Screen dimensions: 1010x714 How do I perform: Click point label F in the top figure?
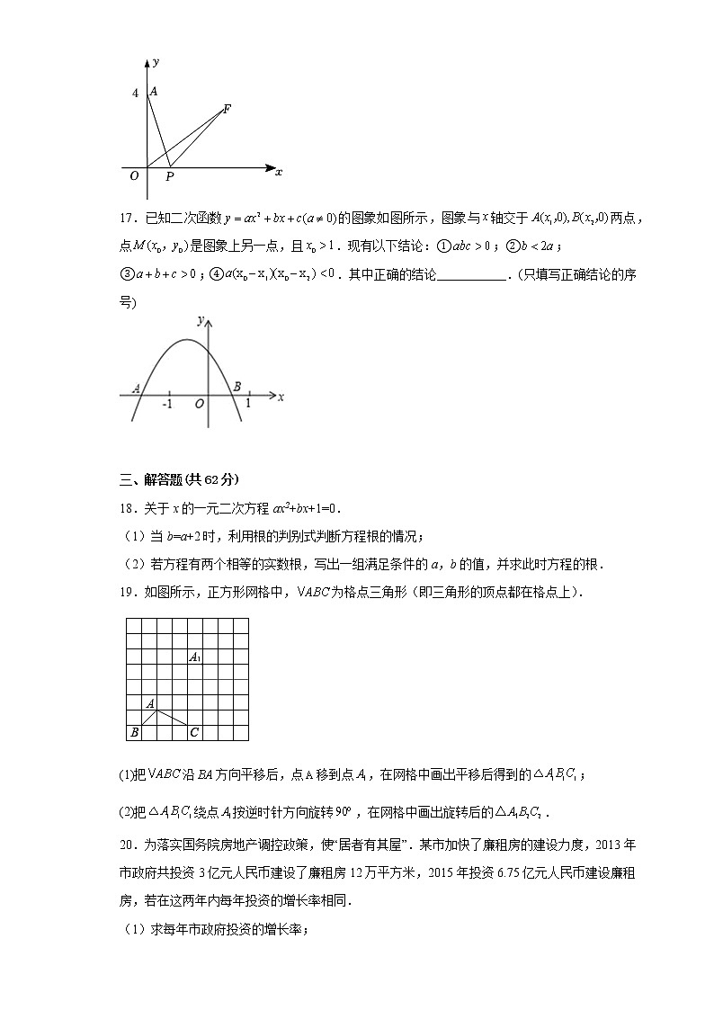(x=227, y=109)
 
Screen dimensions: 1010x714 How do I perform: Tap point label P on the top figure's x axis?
(x=169, y=177)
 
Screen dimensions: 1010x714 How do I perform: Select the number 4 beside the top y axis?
(x=135, y=93)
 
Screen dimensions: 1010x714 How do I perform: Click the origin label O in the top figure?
(x=134, y=176)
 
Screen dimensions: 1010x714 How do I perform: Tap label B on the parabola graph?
(x=237, y=386)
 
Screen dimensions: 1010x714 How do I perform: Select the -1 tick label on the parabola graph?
(x=167, y=405)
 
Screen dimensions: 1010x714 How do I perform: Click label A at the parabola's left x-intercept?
(x=136, y=389)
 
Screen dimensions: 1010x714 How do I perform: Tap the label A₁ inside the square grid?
(x=194, y=657)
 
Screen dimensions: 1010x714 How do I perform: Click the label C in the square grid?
(x=193, y=733)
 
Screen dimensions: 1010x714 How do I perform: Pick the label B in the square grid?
(x=134, y=733)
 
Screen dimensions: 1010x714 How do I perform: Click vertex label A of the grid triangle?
(x=150, y=702)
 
